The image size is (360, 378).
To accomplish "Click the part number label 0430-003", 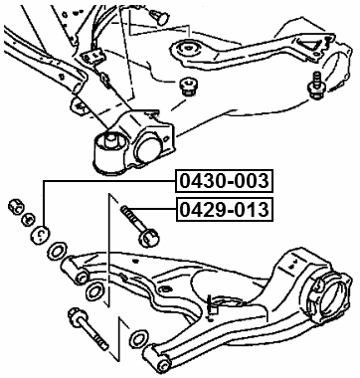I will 225,183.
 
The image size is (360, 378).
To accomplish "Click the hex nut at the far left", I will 16,206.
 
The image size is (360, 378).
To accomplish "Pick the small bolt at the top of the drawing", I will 159,13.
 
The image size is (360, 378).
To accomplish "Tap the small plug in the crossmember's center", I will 184,89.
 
